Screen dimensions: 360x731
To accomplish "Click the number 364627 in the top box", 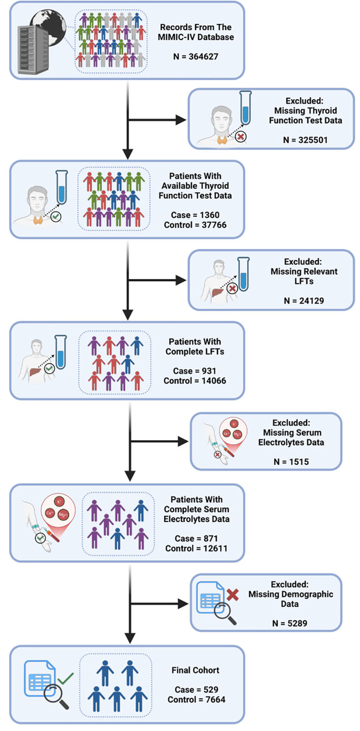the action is pos(203,56).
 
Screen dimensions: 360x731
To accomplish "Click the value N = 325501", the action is pos(305,140).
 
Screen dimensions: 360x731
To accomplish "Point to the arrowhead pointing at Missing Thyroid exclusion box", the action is pos(181,120).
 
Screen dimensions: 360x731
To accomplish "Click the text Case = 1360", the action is pos(195,215).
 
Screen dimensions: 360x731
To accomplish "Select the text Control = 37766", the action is pos(195,225).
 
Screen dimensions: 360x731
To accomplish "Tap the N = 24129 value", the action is pos(304,300).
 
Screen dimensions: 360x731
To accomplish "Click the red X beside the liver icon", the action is pos(232,288).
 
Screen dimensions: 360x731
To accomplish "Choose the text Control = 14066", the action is pos(195,380).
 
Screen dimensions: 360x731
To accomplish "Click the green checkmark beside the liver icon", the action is pos(49,368).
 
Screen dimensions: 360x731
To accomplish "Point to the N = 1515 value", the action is pos(291,462).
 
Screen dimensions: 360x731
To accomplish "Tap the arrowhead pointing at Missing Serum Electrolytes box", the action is pos(183,442).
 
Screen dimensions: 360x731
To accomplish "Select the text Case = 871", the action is pos(196,539).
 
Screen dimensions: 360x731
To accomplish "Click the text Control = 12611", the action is pos(196,548).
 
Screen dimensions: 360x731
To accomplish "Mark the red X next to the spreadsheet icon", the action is pos(233,594).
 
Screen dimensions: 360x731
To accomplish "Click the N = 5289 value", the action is pos(290,623).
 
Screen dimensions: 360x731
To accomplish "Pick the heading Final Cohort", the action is pos(196,670).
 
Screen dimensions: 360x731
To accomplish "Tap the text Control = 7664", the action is pos(196,699).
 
